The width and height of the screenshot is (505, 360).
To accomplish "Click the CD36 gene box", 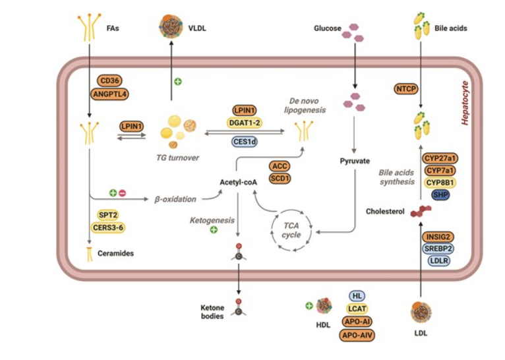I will (109, 80).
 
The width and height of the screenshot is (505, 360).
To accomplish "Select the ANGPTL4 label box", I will (109, 94).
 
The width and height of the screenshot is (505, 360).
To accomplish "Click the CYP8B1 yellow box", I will (440, 182).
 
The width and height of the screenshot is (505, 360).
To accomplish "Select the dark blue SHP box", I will (440, 195).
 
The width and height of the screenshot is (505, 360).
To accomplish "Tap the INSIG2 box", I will (439, 237).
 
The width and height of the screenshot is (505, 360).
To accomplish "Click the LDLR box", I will (439, 261).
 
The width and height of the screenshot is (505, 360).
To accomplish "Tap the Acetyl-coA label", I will (239, 183).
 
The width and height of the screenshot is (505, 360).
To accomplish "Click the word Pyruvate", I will (354, 161).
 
